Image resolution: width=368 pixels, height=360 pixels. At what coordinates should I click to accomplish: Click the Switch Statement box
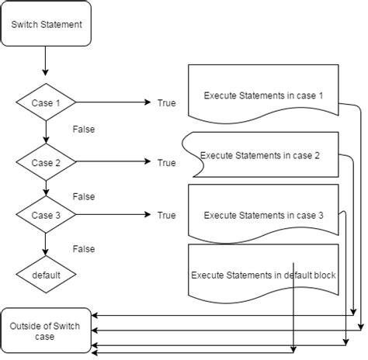[46, 23]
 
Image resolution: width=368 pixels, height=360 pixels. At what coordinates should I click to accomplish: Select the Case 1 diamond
[46, 102]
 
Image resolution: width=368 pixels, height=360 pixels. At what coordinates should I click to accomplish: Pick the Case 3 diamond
[46, 215]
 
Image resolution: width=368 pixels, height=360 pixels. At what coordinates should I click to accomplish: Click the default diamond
[46, 274]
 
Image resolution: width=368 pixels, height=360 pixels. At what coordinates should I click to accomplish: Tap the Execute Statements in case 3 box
[262, 213]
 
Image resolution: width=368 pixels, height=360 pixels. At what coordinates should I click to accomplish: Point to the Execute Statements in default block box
[262, 272]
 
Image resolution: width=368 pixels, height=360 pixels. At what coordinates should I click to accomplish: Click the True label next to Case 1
[166, 103]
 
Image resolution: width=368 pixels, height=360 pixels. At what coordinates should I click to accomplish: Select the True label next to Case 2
[166, 162]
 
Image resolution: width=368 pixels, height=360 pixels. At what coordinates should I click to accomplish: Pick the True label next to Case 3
[166, 215]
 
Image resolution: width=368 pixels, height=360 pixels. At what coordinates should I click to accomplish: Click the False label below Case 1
[82, 130]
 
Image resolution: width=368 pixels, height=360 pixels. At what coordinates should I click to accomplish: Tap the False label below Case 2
[82, 196]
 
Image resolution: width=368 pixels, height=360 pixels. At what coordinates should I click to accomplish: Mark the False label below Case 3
[82, 249]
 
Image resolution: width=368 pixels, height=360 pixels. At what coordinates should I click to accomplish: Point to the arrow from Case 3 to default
[46, 244]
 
